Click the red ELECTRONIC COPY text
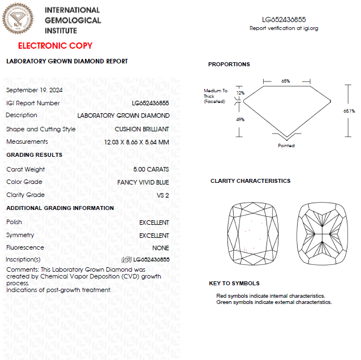55,46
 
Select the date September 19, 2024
35,90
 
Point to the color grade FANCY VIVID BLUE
143,182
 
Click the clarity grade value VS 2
162,195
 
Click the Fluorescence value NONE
161,248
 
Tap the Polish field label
15,222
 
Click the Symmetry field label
20,235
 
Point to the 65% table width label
286,81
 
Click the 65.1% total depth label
349,111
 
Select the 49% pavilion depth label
240,119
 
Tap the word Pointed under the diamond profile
286,145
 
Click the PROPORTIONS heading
229,65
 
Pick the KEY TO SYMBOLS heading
234,283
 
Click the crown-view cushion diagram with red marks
251,233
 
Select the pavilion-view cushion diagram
320,233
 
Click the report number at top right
284,19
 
